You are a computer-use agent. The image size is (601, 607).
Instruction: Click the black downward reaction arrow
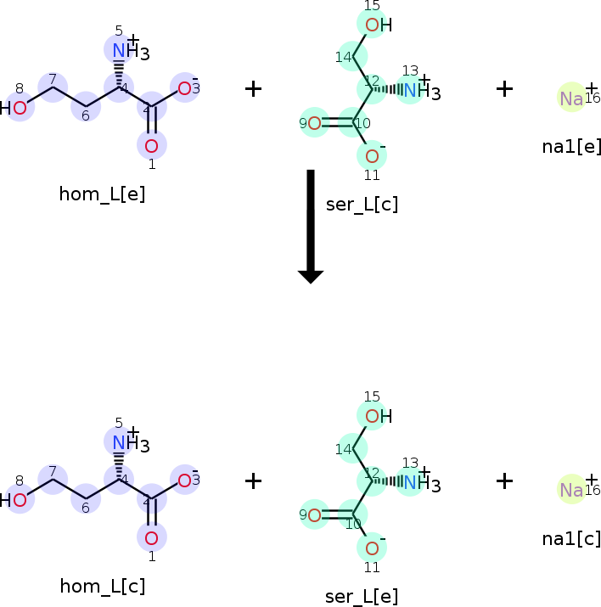311,226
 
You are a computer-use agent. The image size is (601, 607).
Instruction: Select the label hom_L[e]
102,194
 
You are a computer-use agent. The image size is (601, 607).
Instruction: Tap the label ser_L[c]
362,204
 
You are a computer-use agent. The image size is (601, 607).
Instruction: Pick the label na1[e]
571,146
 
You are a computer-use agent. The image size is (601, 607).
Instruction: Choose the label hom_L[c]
102,586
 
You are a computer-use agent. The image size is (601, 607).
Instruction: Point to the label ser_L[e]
362,596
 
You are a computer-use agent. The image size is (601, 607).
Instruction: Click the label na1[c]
571,538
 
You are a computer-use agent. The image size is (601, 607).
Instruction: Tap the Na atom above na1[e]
571,98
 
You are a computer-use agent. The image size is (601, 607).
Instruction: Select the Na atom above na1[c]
571,490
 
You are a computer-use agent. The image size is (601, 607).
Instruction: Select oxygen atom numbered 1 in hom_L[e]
151,145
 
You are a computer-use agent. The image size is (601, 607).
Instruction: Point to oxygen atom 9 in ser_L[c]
314,124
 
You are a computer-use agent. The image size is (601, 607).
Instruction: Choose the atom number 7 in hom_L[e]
53,87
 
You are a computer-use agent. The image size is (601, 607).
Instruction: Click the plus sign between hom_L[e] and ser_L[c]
253,88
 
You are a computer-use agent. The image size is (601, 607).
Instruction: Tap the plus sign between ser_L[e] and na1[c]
505,481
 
